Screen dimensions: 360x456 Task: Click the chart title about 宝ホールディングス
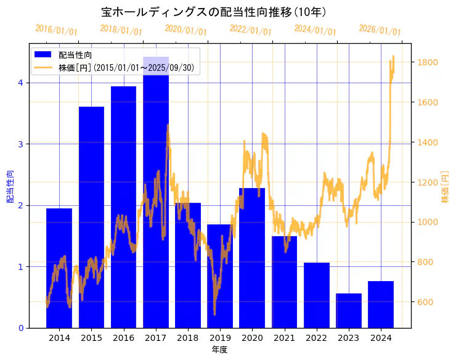pyautogui.click(x=214, y=12)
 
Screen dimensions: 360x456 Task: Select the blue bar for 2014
pyautogui.click(x=59, y=268)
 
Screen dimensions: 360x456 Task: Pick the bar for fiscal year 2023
pyautogui.click(x=349, y=311)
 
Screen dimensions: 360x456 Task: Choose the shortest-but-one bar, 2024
pyautogui.click(x=381, y=305)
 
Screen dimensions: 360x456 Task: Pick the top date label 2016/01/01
pyautogui.click(x=56, y=30)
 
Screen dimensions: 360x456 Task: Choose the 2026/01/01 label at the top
pyautogui.click(x=380, y=30)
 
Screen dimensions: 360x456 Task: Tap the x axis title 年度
pyautogui.click(x=220, y=350)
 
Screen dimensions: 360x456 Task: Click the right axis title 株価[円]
pyautogui.click(x=445, y=187)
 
